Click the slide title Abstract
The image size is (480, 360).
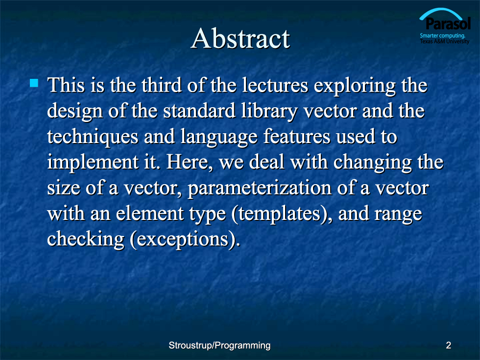pyautogui.click(x=240, y=39)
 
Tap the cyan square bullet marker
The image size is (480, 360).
pyautogui.click(x=34, y=83)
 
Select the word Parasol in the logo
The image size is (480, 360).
pyautogui.click(x=448, y=24)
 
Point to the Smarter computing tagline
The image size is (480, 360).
pyautogui.click(x=442, y=35)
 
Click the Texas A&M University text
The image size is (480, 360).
pyautogui.click(x=444, y=41)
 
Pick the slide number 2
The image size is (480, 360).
pyautogui.click(x=449, y=345)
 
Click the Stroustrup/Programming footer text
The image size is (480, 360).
pyautogui.click(x=219, y=346)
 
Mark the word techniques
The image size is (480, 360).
pyautogui.click(x=93, y=137)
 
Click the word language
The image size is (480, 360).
pyautogui.click(x=219, y=137)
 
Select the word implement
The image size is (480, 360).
pyautogui.click(x=93, y=163)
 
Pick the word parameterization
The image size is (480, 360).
pyautogui.click(x=260, y=189)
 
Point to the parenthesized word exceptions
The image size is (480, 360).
pyautogui.click(x=185, y=240)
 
